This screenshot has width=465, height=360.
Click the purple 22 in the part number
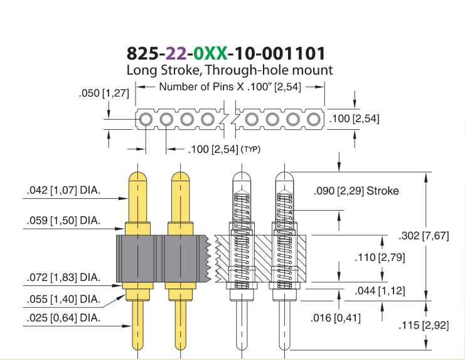click(x=176, y=54)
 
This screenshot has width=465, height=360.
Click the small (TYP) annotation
click(x=251, y=149)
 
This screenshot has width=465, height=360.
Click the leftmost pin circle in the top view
click(x=146, y=119)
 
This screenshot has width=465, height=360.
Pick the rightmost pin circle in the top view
click(x=313, y=119)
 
